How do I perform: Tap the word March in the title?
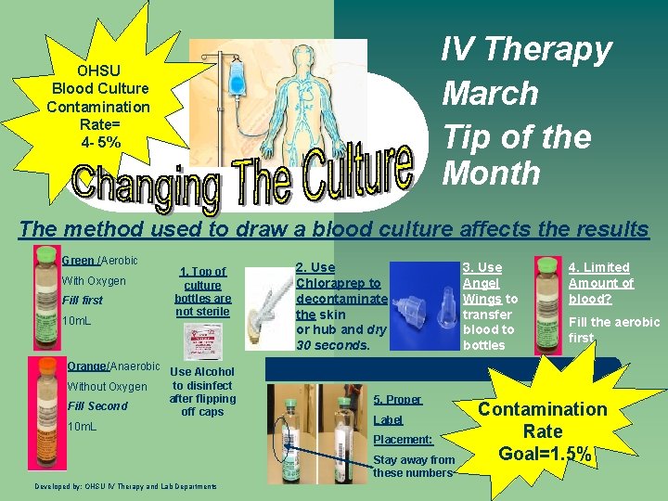490,93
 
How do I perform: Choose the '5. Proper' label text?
397,399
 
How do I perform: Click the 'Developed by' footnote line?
125,486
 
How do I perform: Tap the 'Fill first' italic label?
83,301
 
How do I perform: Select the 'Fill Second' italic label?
97,406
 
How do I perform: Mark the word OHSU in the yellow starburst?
98,71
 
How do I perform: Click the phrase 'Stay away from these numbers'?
414,466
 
